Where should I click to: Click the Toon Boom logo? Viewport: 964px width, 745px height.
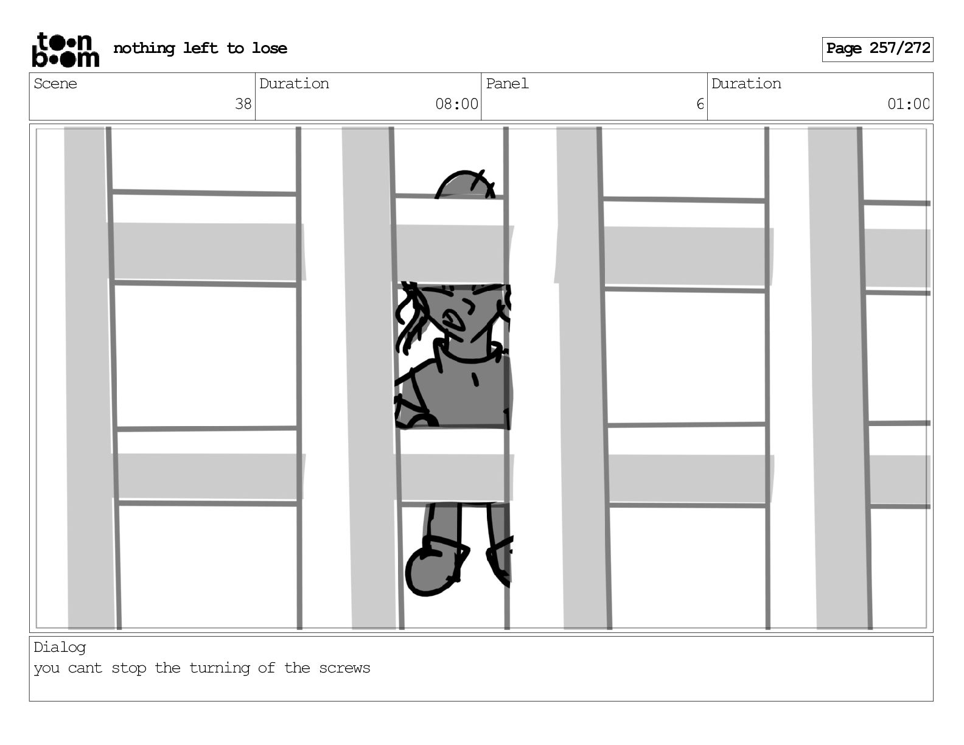coord(66,50)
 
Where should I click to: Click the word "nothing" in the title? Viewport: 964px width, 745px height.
coord(144,48)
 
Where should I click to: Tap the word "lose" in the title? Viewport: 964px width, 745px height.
coord(269,48)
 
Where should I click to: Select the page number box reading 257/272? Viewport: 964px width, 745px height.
coord(878,49)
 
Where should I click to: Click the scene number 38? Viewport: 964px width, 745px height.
coord(243,104)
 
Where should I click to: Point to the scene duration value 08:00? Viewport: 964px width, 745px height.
coord(456,104)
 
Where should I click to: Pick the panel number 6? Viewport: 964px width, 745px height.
coord(700,104)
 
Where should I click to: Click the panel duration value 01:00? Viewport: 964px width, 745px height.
coord(908,104)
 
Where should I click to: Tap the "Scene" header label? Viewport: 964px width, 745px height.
coord(55,83)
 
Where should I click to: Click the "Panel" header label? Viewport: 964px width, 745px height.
coord(507,83)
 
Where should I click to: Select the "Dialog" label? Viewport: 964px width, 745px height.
coord(60,648)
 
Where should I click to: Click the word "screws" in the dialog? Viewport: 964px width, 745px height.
coord(344,668)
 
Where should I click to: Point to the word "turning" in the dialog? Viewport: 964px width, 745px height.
coord(220,669)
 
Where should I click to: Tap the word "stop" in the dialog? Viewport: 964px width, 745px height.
coord(128,669)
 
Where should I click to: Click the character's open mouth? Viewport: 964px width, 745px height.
coord(452,320)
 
